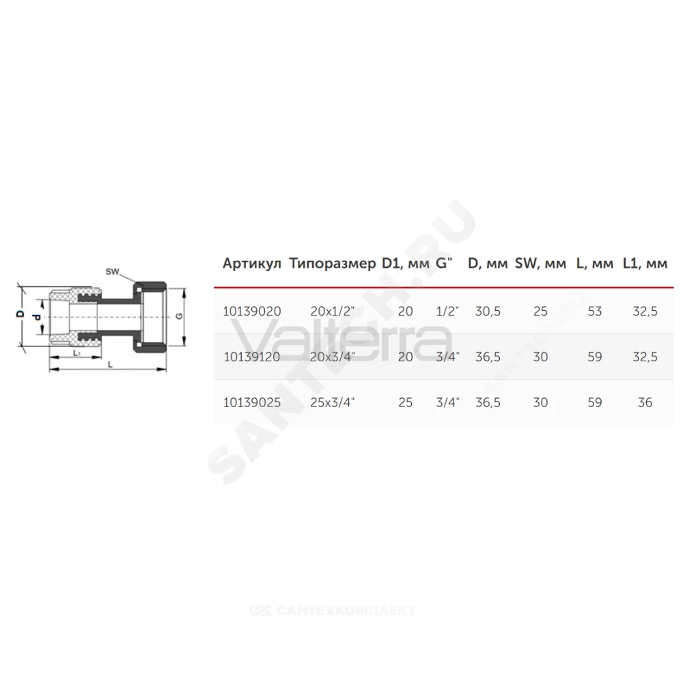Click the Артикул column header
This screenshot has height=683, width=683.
[252, 264]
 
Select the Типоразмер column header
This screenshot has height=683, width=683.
[333, 264]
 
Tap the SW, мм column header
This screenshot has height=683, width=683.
[540, 264]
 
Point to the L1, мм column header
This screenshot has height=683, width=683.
[645, 264]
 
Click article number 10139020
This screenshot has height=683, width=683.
[252, 311]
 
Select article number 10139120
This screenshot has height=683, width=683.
[252, 357]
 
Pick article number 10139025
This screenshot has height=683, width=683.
[252, 402]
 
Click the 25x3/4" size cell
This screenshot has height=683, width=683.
[333, 402]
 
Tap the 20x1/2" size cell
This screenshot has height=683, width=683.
[333, 311]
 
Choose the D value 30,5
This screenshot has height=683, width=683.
[488, 311]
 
